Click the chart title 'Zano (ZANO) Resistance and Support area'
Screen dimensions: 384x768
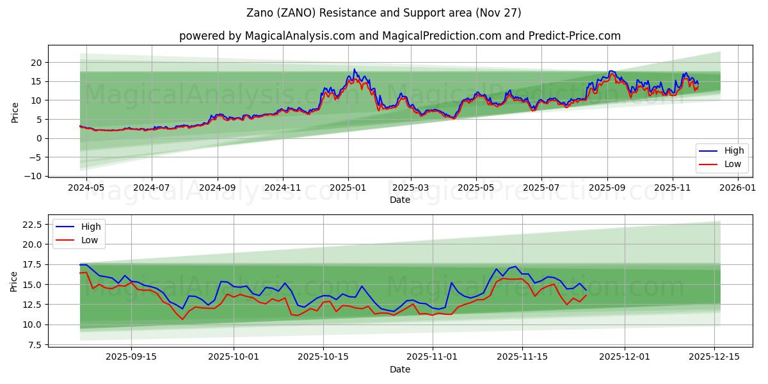click(384, 13)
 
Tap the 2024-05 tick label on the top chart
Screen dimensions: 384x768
click(86, 188)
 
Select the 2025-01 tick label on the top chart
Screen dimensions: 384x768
click(348, 188)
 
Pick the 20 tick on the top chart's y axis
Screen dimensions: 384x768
click(36, 63)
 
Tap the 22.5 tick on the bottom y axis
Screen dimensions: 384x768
click(32, 225)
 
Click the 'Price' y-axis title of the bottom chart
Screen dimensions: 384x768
click(14, 282)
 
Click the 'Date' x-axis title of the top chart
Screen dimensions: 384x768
click(400, 200)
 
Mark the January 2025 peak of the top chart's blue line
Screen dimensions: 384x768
click(354, 69)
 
